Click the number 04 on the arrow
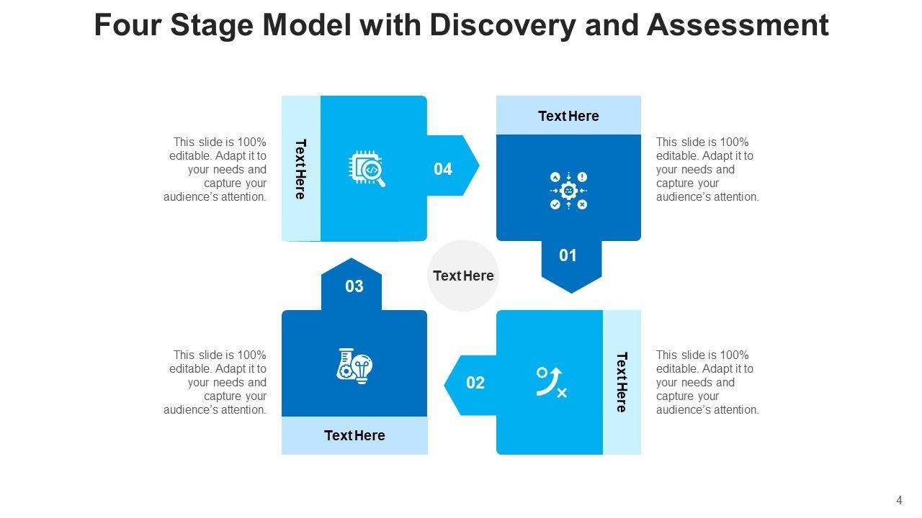443,169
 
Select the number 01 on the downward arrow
568,255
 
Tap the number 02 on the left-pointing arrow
475,383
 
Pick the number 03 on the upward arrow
354,286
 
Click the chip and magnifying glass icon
367,168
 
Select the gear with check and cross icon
568,191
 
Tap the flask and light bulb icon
354,365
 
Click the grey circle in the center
463,276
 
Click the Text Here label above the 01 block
568,116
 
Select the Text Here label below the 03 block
354,435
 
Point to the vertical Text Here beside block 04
301,168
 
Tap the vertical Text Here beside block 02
622,382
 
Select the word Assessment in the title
738,26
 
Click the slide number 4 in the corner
899,501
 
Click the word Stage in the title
212,26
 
